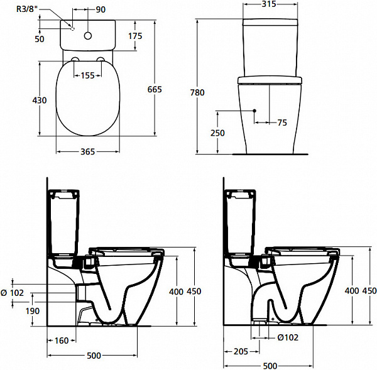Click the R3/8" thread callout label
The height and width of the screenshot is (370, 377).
(27, 9)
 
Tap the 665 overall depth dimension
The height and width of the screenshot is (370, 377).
(155, 89)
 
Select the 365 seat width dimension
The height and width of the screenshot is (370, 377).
(87, 151)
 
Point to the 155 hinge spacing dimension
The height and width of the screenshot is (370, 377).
(87, 75)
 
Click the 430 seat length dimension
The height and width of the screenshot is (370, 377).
(40, 101)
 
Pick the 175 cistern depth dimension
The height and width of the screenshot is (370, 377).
(135, 36)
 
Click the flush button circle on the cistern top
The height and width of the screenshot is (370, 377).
(88, 36)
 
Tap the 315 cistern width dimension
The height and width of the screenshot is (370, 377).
(269, 4)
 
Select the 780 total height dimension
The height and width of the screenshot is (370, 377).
(197, 92)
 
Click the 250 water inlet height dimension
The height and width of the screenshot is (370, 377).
(217, 133)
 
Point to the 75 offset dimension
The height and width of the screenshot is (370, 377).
(282, 122)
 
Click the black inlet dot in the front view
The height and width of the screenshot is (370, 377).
(254, 111)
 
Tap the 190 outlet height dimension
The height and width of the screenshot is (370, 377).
(33, 311)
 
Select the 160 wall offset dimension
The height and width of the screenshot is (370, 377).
(62, 340)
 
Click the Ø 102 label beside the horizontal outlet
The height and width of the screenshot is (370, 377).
(13, 293)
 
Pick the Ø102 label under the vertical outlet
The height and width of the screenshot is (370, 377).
(288, 337)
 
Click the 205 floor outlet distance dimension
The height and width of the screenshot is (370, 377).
(241, 352)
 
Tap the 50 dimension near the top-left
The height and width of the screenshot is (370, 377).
(40, 39)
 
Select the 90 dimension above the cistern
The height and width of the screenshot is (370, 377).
(101, 9)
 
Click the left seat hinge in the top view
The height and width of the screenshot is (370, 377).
(75, 59)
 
